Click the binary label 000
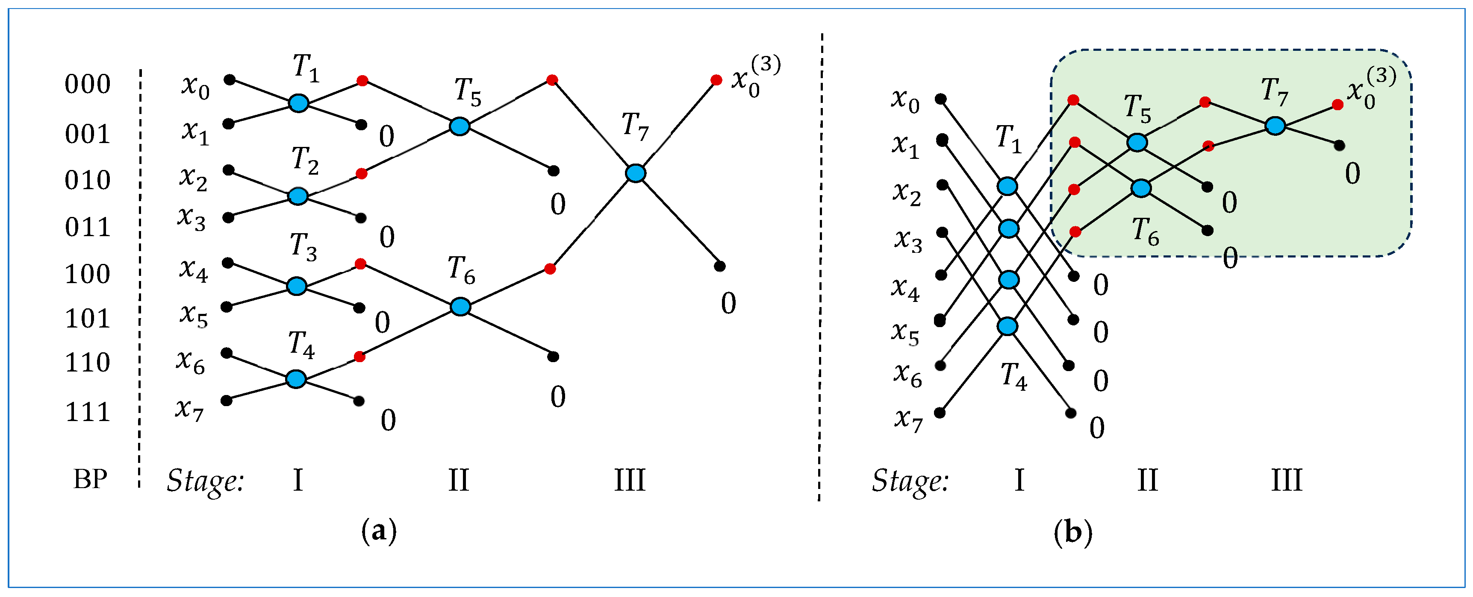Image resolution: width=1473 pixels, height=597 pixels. tap(88, 84)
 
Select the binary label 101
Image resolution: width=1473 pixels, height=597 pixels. tap(88, 319)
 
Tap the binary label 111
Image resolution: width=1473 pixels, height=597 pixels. tap(88, 412)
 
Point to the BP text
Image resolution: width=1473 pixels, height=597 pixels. tap(90, 479)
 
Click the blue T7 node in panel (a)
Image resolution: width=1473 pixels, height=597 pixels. tap(635, 173)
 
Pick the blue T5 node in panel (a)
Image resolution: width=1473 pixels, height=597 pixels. tap(459, 126)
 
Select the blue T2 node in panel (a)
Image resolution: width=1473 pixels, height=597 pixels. tap(298, 196)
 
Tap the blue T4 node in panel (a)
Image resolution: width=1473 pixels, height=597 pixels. tap(296, 379)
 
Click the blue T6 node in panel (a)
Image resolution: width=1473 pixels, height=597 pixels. tap(460, 307)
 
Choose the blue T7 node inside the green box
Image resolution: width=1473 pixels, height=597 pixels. tap(1275, 126)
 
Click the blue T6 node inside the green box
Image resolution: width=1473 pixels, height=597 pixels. tap(1141, 188)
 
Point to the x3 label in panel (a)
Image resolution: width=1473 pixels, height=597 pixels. tap(191, 218)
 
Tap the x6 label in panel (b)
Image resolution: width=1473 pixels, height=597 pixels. tap(908, 375)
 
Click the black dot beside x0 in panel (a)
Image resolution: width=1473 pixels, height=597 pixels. tap(229, 79)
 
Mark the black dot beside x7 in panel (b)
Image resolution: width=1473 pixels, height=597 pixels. tap(939, 413)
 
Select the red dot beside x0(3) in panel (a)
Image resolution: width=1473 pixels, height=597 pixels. tap(716, 80)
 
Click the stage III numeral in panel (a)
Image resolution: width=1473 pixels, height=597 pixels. tap(630, 480)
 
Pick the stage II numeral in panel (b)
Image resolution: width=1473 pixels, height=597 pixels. tap(1147, 480)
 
